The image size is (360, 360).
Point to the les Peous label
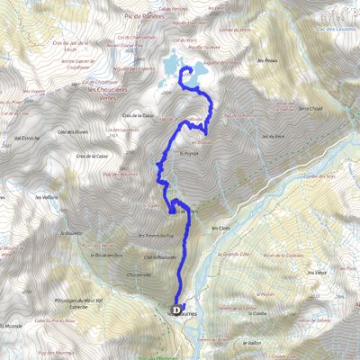pyautogui.click(x=265, y=61)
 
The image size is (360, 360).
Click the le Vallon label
pyautogui.click(x=251, y=342)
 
